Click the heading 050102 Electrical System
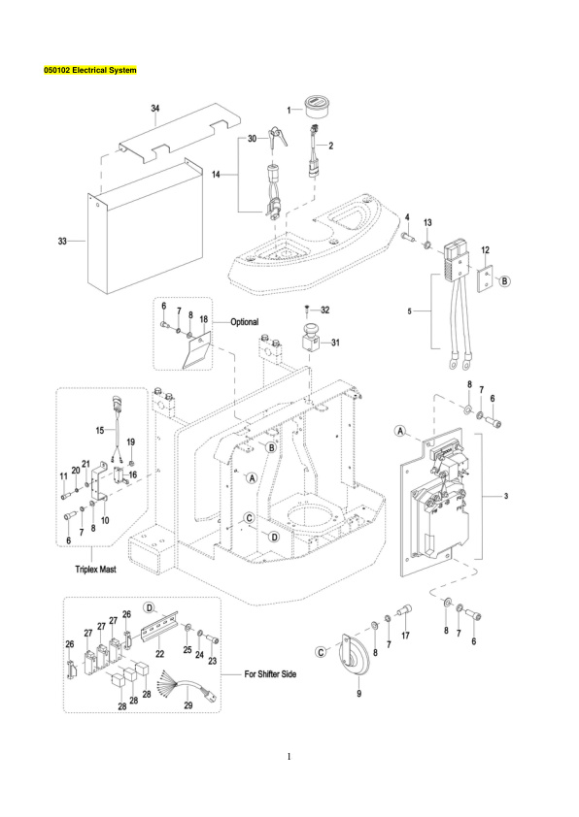(x=92, y=71)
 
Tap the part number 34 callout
(x=155, y=109)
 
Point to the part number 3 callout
(x=506, y=496)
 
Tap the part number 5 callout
(x=412, y=311)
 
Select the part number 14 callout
(x=217, y=175)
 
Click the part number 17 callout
(x=406, y=637)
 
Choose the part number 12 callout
(x=485, y=250)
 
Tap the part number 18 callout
(x=204, y=320)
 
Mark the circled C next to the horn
(x=321, y=650)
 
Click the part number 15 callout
(x=97, y=428)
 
